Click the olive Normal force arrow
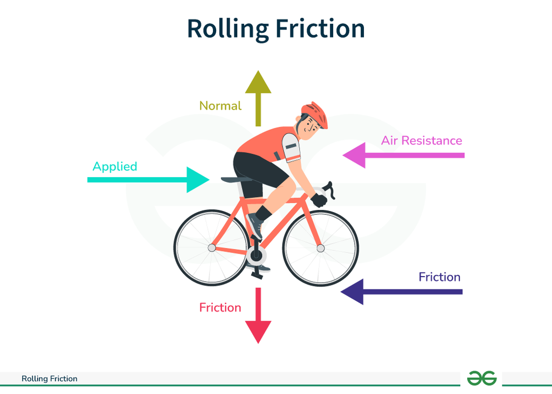[258, 99]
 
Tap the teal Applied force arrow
[148, 180]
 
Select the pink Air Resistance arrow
[403, 156]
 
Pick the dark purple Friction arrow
[401, 292]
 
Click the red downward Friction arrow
[258, 315]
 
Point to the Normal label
[220, 106]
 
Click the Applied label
[115, 167]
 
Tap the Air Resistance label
[422, 140]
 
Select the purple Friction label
[439, 277]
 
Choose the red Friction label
[220, 307]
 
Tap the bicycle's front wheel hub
[320, 249]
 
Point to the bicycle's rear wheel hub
[211, 248]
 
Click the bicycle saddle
[236, 180]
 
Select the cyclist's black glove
[319, 200]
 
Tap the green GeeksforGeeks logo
[481, 378]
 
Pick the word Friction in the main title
[320, 29]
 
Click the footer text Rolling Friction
[49, 378]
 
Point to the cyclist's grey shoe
[255, 226]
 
